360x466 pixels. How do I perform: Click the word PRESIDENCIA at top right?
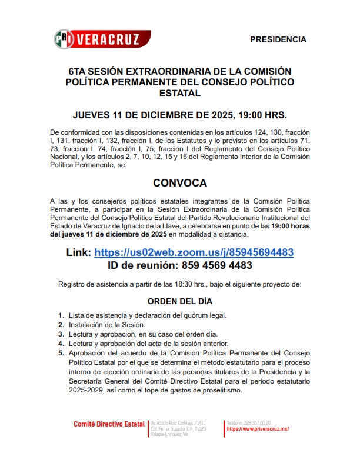278,39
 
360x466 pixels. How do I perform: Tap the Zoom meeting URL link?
194,252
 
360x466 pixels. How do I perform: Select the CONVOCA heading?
180,183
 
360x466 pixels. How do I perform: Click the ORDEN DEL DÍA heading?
179,301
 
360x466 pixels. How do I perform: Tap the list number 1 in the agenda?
61,315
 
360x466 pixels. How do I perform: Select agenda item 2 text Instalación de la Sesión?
107,325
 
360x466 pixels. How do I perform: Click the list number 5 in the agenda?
61,353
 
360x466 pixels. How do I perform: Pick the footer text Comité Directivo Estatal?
109,424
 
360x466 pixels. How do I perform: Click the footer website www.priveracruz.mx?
258,429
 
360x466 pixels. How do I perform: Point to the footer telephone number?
249,423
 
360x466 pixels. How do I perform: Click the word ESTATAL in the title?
180,93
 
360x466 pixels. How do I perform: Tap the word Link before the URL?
79,252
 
